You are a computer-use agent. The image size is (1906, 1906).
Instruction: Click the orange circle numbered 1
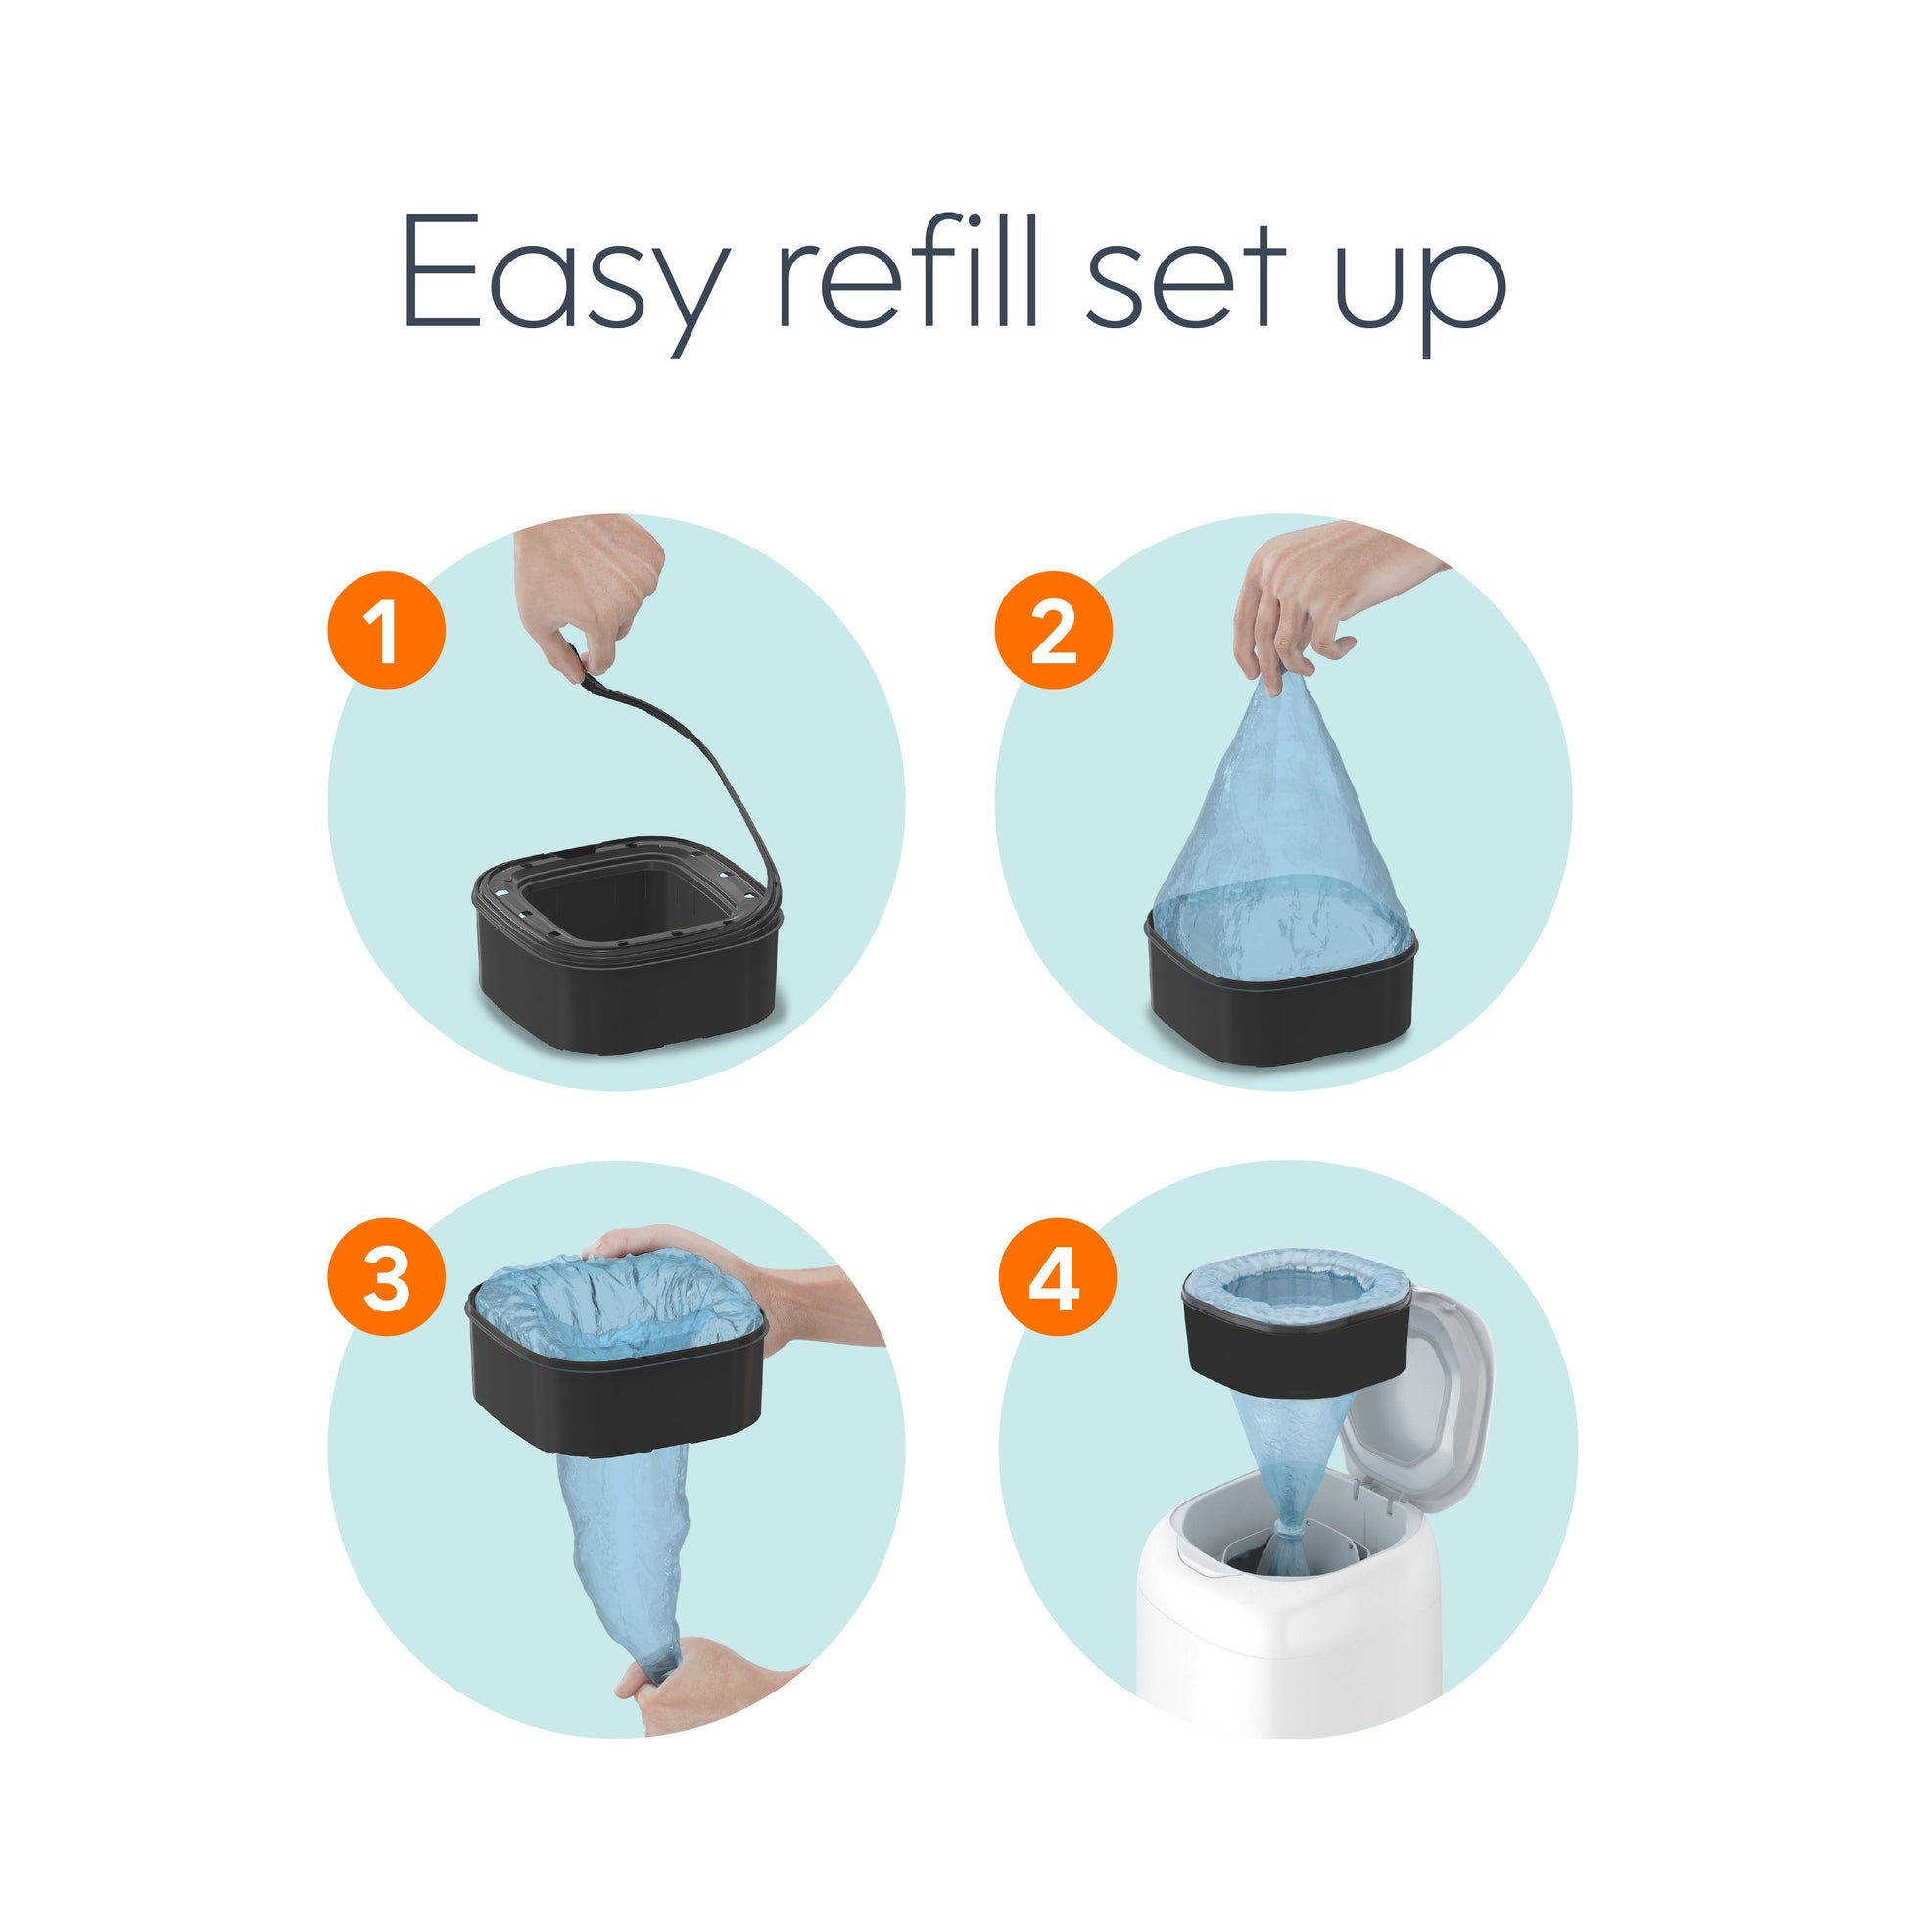(386, 630)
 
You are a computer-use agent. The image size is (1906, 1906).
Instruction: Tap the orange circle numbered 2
(1054, 630)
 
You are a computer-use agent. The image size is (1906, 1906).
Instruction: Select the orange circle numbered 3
(386, 1278)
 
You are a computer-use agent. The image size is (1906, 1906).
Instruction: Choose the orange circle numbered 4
(1057, 1278)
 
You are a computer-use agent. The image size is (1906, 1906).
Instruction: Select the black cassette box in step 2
(1282, 1016)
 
